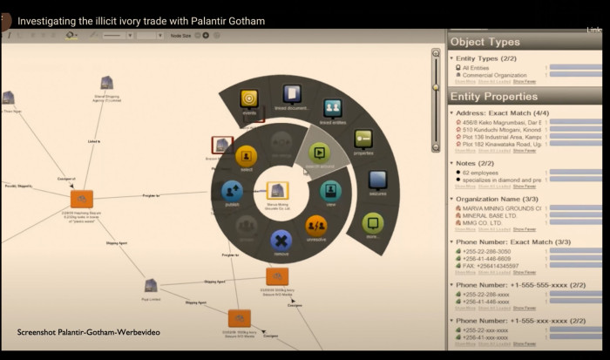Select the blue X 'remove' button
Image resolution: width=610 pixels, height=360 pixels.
click(280, 240)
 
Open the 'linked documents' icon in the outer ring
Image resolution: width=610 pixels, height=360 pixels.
click(292, 94)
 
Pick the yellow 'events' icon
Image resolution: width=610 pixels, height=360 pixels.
click(249, 98)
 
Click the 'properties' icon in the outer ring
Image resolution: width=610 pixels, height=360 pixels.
click(363, 139)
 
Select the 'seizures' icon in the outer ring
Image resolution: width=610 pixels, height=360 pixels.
click(376, 180)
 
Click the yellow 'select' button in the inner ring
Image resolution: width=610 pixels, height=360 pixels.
click(247, 157)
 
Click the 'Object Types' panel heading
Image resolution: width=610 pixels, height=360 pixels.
click(485, 41)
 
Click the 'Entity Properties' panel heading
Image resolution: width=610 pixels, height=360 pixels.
click(493, 96)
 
